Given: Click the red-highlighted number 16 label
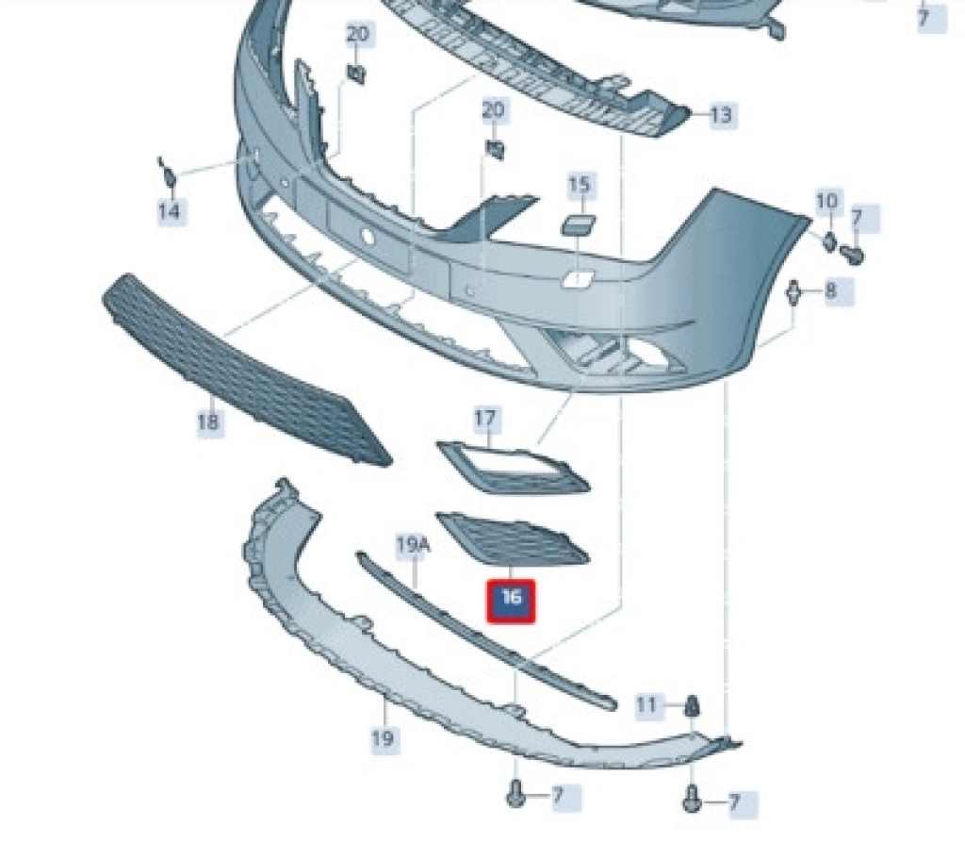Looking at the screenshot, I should [511, 600].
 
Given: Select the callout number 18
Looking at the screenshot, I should [207, 421].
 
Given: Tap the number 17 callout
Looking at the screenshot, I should [486, 418].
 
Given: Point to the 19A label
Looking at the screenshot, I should [412, 544].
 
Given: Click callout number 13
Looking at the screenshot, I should [720, 116].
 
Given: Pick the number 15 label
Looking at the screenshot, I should [580, 186].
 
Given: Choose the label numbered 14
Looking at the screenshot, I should [169, 211].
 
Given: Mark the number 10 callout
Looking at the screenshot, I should [826, 201].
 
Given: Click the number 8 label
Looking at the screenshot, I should [830, 290].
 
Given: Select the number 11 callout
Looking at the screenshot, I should [646, 704].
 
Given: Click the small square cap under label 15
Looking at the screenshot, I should [574, 225].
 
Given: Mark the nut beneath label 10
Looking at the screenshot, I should [829, 240].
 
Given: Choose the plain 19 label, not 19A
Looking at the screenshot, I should [382, 738].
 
